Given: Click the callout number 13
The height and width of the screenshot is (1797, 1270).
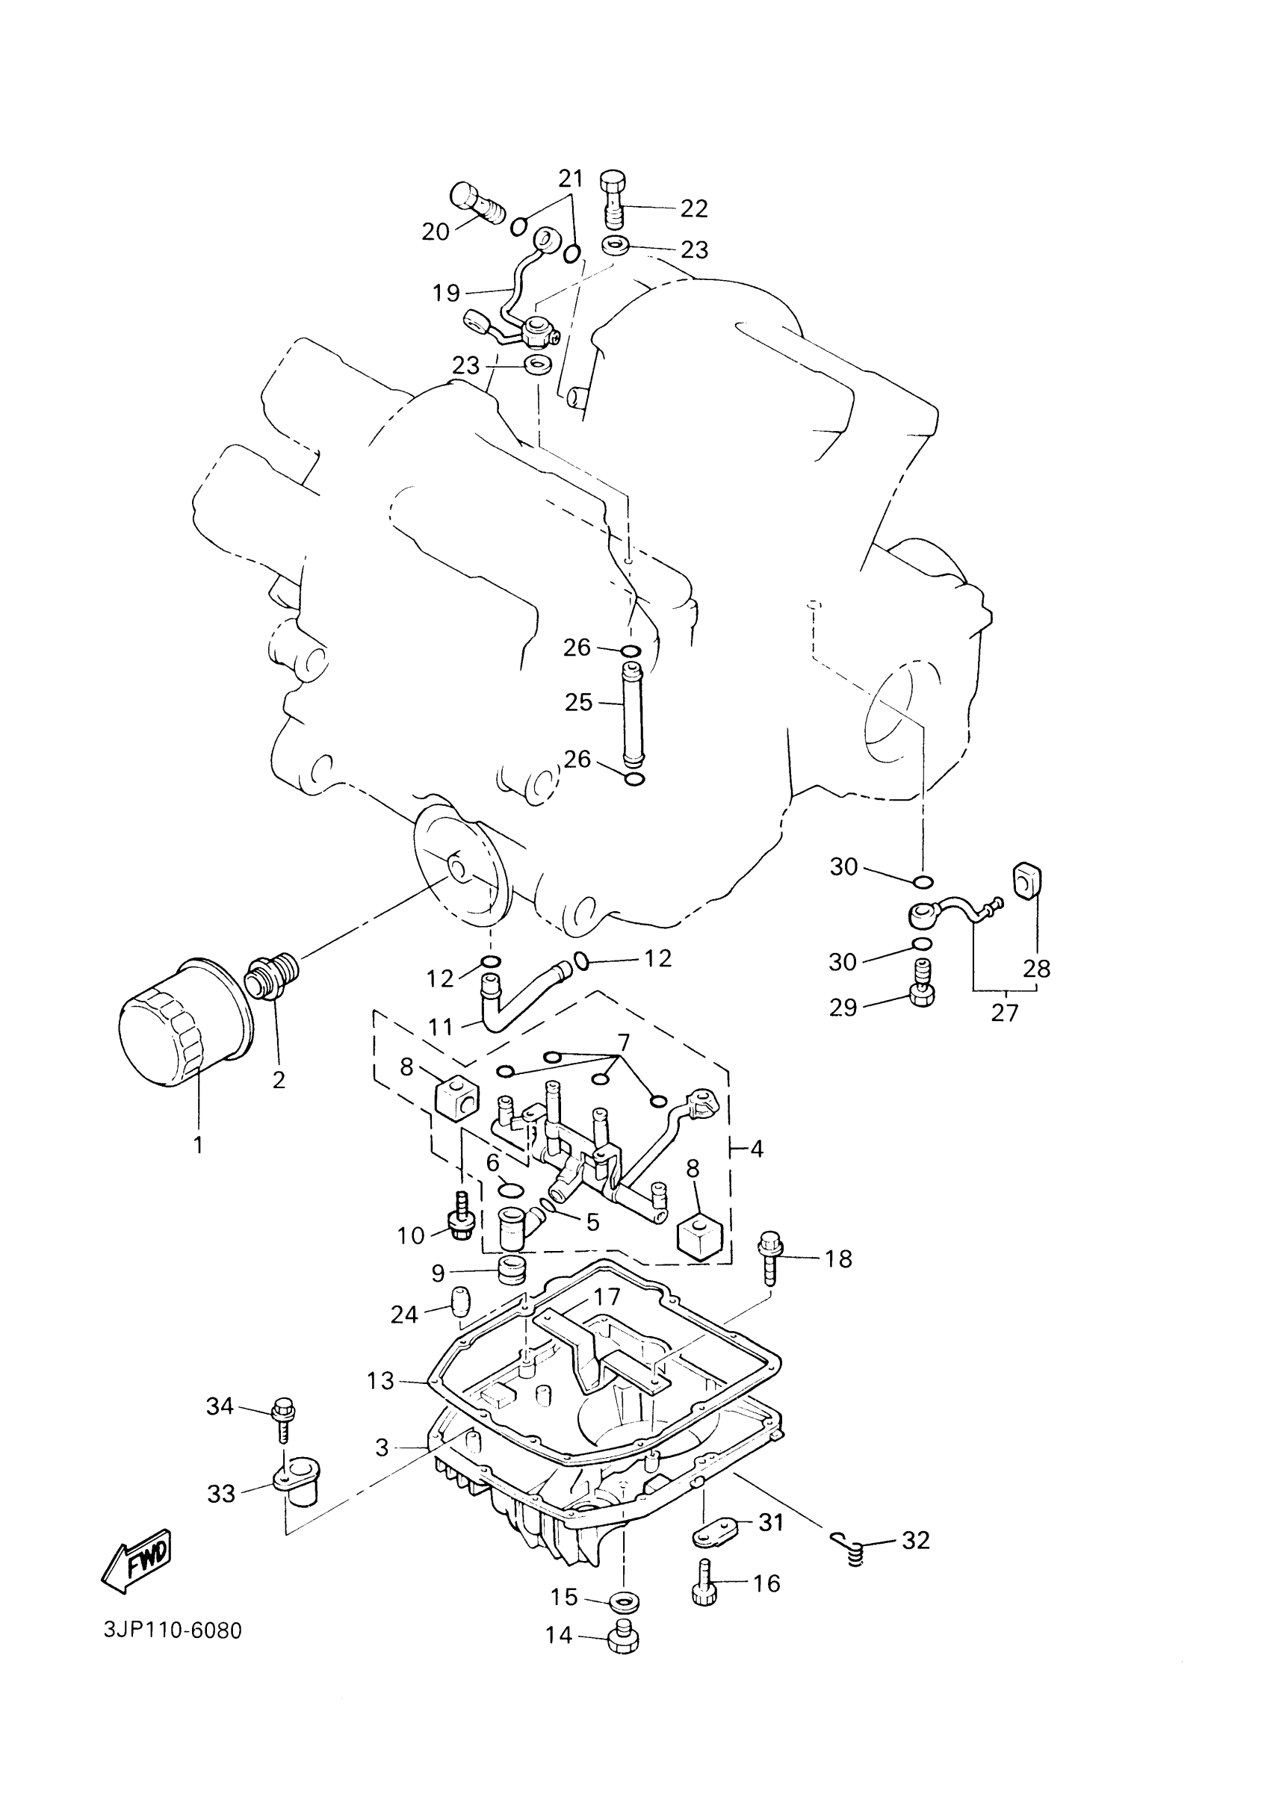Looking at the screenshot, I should [380, 1381].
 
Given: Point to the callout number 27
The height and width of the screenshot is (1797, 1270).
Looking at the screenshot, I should [1005, 1013].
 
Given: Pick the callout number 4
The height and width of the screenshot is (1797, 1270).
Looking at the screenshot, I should [756, 1149].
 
